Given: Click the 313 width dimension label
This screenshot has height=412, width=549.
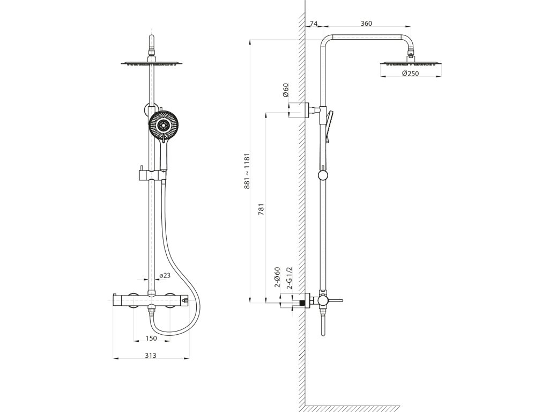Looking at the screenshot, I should coord(151,356).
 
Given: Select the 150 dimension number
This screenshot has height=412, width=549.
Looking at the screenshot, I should coord(151,338).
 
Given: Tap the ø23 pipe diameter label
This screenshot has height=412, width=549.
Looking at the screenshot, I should coord(165,275).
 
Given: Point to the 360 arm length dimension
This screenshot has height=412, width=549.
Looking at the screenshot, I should coord(366,23).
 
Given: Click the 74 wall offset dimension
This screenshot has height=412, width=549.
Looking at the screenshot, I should coord(314,23).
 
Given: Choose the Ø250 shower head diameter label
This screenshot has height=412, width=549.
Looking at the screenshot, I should coord(410,73).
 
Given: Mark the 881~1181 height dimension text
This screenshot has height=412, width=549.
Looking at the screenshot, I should coord(248,172).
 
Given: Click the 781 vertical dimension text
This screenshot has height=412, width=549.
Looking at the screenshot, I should coord(262,209).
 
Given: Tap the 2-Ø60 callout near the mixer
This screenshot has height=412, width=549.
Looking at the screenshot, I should coord(278,277).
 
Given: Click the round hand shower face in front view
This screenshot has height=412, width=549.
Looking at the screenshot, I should coord(162,126).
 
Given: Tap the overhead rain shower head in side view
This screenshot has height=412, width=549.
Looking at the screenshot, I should coord(411,63).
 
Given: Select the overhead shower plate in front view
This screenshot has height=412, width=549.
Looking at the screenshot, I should coord(151,63).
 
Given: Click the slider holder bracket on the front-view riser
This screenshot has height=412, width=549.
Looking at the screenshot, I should coord(151,175).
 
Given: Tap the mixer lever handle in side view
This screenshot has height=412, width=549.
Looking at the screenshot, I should coord(335,300).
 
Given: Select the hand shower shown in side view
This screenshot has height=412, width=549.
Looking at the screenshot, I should coord(329,124).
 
